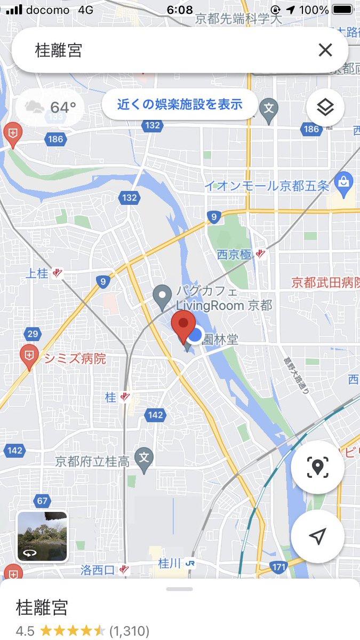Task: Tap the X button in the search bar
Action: tap(325, 50)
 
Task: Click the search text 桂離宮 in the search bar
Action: tap(59, 51)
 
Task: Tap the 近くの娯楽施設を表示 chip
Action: tap(180, 104)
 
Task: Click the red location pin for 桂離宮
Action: tap(183, 327)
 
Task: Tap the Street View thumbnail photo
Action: tap(43, 536)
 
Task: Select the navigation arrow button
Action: tap(317, 536)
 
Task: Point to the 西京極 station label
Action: tap(234, 255)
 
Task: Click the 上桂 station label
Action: tap(37, 274)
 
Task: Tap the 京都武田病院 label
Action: tap(325, 283)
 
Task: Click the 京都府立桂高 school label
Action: tap(92, 461)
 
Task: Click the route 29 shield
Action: tap(32, 334)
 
